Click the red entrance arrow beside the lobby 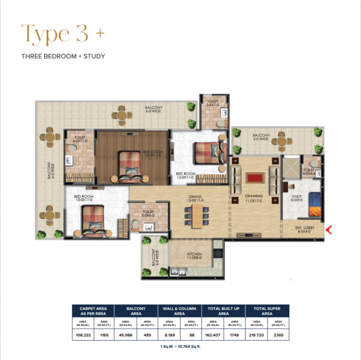tap(329, 228)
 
